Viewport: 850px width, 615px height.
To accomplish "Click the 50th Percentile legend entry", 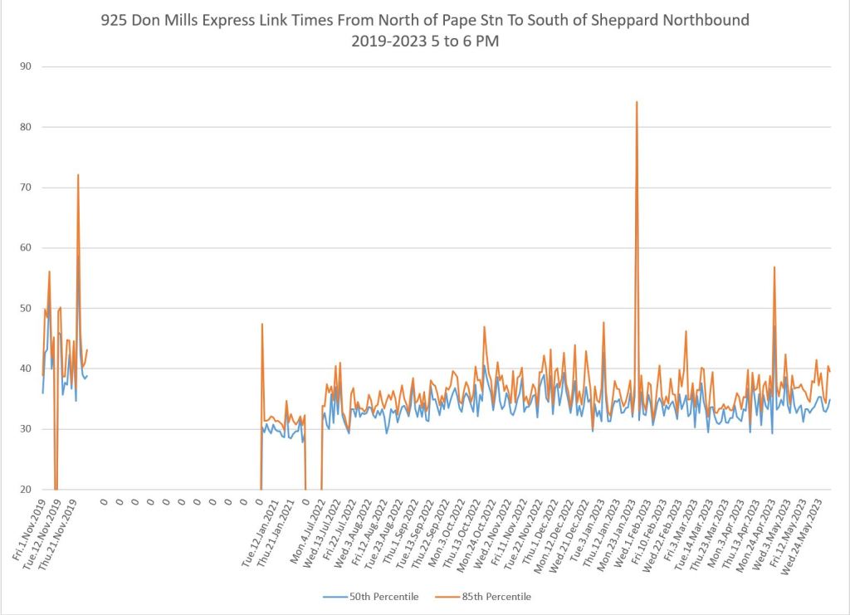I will tap(383, 597).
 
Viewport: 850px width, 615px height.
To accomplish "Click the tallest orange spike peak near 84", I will tap(637, 102).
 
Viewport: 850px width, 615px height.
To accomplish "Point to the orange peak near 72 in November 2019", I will tap(78, 175).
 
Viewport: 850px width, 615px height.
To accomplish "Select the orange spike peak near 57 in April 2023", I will tap(774, 267).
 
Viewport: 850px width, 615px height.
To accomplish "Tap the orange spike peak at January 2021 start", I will tap(262, 324).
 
